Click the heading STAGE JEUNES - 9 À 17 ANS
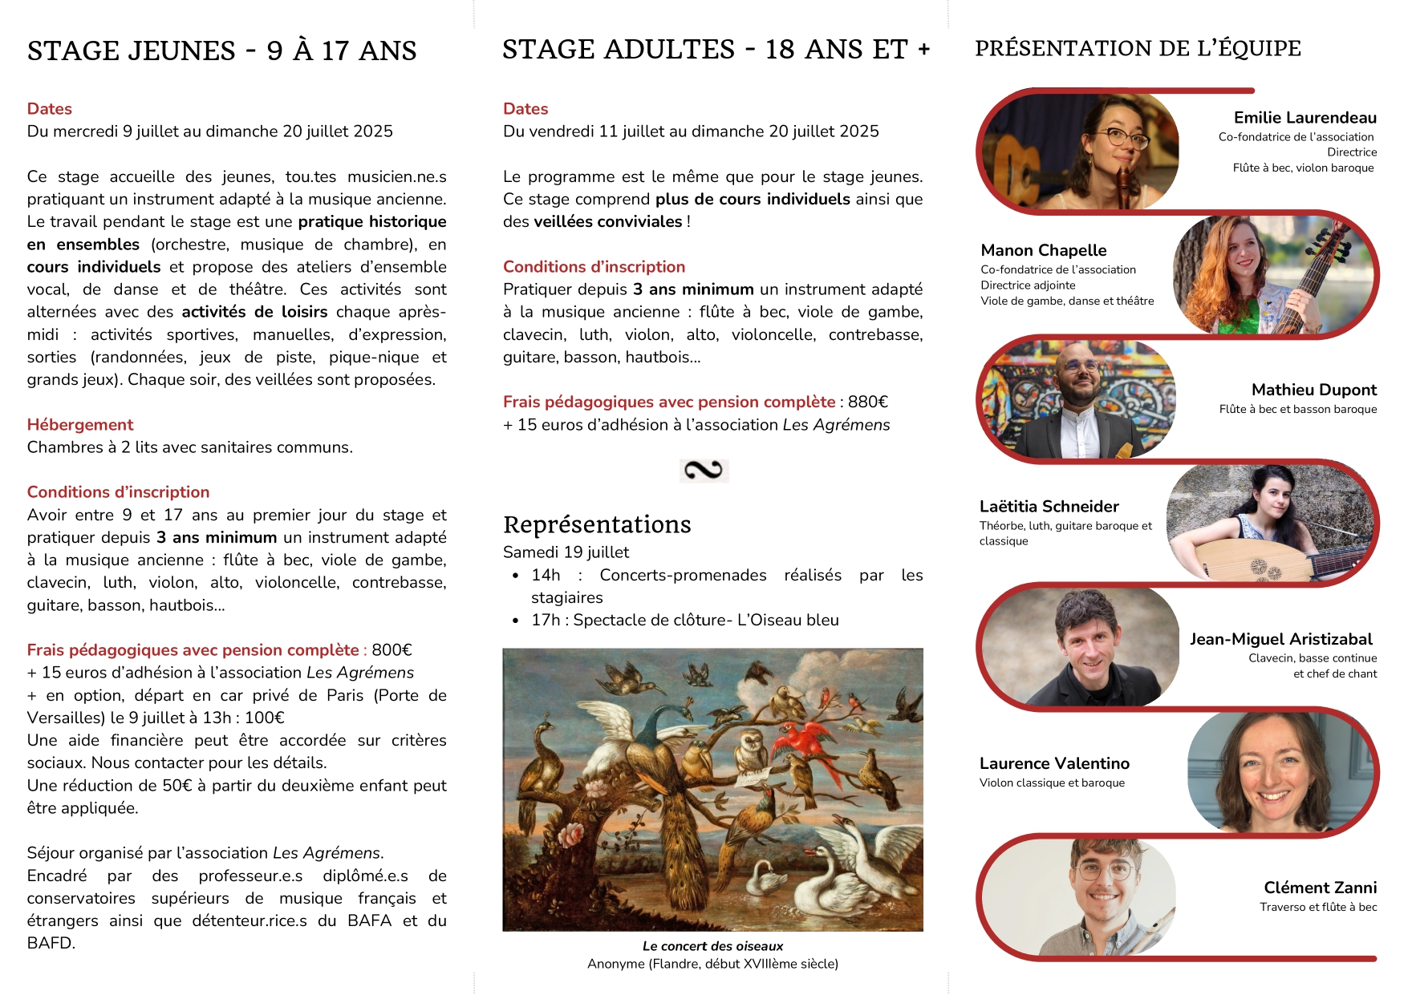(221, 51)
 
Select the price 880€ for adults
(868, 402)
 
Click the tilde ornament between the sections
(704, 470)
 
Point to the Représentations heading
(597, 524)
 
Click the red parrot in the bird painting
(806, 740)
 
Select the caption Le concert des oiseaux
(712, 946)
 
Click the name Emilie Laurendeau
(1305, 118)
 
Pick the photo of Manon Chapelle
(1272, 275)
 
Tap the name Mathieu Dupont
(1313, 390)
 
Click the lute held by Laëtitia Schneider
(1252, 559)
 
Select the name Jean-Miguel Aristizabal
(1280, 640)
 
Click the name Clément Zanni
(1320, 888)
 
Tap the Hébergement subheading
(80, 425)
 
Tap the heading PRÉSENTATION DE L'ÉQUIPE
(1138, 49)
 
